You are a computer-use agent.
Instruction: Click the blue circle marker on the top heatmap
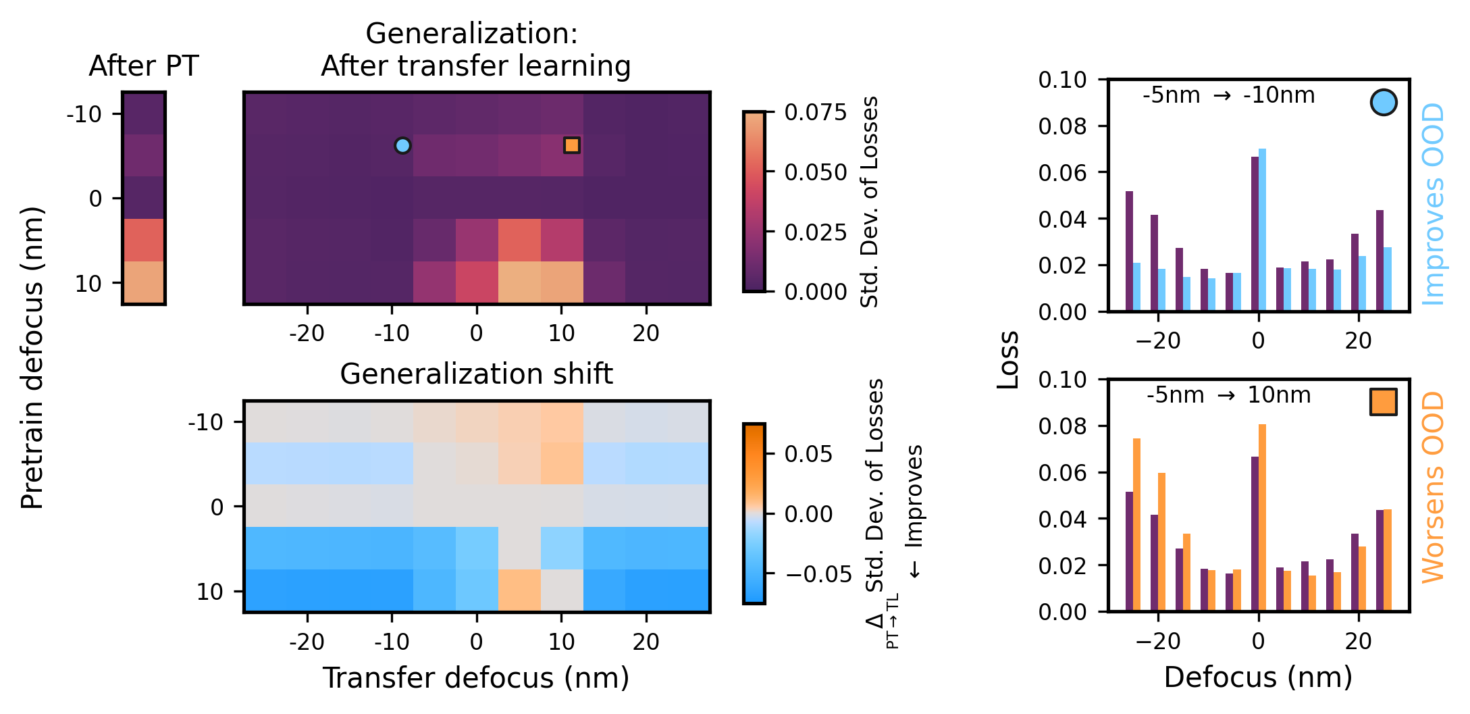click(402, 145)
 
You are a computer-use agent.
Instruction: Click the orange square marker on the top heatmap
click(571, 145)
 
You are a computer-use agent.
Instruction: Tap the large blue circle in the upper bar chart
click(1383, 103)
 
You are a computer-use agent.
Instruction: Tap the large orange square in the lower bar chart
click(1383, 401)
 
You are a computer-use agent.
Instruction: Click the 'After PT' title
click(143, 66)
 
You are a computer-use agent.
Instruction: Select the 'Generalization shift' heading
click(476, 374)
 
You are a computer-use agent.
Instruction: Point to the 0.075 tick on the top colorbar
click(815, 112)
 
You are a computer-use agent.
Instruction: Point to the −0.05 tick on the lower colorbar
click(818, 574)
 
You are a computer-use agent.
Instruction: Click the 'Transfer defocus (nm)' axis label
click(476, 678)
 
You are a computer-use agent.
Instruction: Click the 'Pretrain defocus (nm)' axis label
click(32, 358)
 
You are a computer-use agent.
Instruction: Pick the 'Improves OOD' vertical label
click(1432, 204)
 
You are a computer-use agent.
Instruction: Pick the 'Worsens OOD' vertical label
click(1432, 487)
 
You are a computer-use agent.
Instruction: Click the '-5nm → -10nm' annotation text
click(1228, 95)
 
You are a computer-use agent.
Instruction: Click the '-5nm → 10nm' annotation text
click(1228, 394)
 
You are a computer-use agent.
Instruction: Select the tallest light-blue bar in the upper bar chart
click(1262, 230)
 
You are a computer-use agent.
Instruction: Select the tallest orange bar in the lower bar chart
click(1262, 517)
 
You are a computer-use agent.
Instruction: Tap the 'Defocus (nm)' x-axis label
click(1257, 677)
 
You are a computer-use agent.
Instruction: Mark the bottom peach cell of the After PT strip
click(143, 282)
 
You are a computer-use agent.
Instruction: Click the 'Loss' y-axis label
click(1008, 359)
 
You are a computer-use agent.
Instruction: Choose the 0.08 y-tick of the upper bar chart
click(1062, 126)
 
